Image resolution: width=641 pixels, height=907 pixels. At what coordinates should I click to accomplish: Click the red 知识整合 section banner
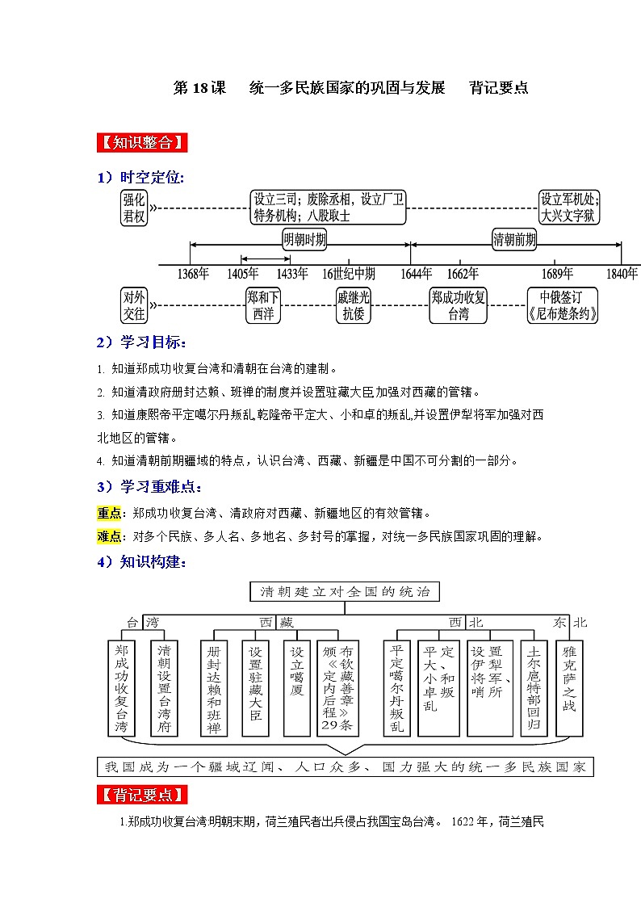(141, 143)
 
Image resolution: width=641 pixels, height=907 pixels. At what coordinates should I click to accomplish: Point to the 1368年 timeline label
(193, 274)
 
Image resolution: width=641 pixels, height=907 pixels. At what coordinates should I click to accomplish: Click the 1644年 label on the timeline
(416, 274)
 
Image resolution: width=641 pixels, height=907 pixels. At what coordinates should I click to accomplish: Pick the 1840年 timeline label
(621, 274)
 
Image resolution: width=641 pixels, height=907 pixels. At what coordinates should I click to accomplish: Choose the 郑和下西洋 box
(264, 304)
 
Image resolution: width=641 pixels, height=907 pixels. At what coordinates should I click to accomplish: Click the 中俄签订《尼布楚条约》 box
(563, 304)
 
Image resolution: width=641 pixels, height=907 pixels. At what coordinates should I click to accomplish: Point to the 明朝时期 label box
(305, 240)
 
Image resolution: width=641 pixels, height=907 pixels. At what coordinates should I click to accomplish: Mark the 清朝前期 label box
(514, 240)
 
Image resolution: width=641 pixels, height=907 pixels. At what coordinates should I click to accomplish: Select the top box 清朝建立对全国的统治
(345, 592)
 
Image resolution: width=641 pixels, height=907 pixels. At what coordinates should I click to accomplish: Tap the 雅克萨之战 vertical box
(570, 687)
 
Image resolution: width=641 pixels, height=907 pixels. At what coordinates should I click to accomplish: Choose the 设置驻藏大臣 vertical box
(255, 687)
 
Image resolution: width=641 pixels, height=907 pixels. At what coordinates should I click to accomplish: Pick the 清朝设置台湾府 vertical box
(165, 687)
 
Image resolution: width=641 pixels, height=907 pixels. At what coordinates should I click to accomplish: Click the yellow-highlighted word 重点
(108, 513)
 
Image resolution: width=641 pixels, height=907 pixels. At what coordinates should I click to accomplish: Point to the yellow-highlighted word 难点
(108, 536)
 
